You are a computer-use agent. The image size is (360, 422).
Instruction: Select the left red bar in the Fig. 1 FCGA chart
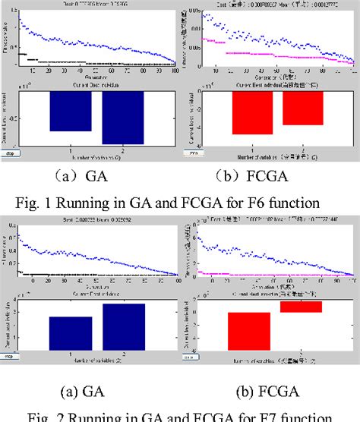[x=252, y=113]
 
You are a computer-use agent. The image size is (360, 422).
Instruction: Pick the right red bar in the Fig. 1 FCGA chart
[x=303, y=109]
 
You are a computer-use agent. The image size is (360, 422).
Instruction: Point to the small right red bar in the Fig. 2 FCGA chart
[x=302, y=307]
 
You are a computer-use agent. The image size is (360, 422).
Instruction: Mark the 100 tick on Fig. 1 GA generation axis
[x=174, y=72]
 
